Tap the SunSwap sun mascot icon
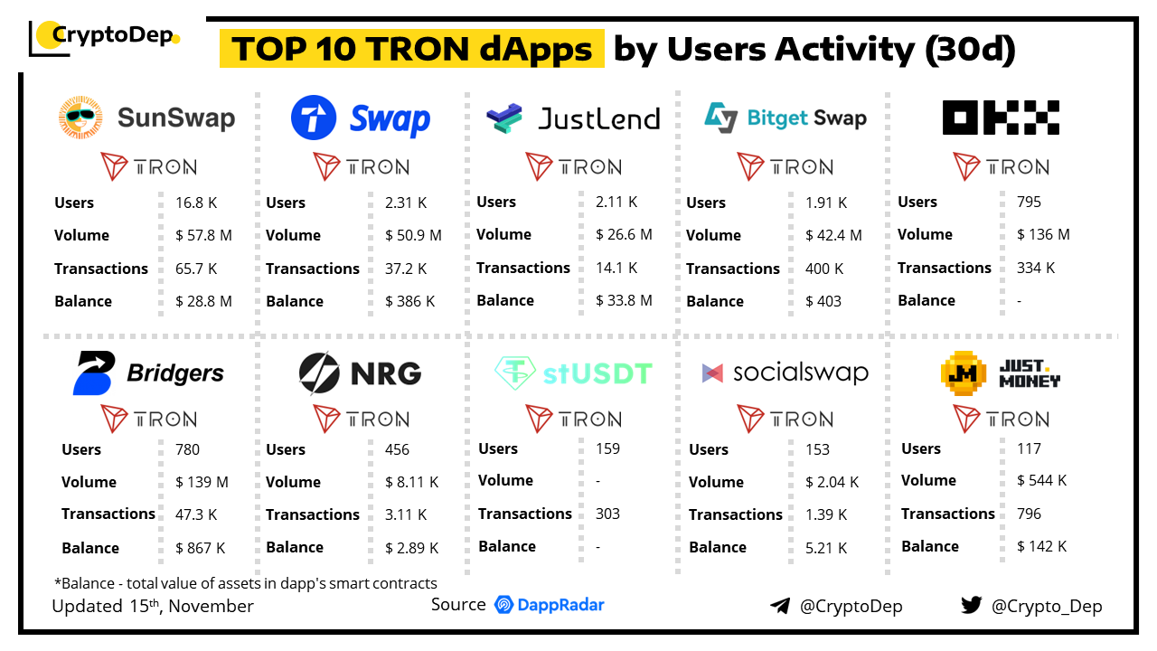(x=81, y=118)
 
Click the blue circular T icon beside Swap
(x=314, y=118)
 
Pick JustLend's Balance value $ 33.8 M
(x=624, y=300)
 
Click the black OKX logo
(x=1001, y=118)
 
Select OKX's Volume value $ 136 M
(x=1043, y=234)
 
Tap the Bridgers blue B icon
(x=93, y=373)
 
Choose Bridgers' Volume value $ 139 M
(x=202, y=482)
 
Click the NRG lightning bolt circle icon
(x=319, y=373)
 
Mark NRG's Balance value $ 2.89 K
(x=411, y=548)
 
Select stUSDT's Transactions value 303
(x=607, y=514)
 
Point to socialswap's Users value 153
(x=817, y=449)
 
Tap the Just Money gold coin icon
(x=964, y=373)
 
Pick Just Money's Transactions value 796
(x=1029, y=514)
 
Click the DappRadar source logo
(x=550, y=605)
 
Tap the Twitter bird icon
(x=972, y=605)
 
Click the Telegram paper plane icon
(x=780, y=606)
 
